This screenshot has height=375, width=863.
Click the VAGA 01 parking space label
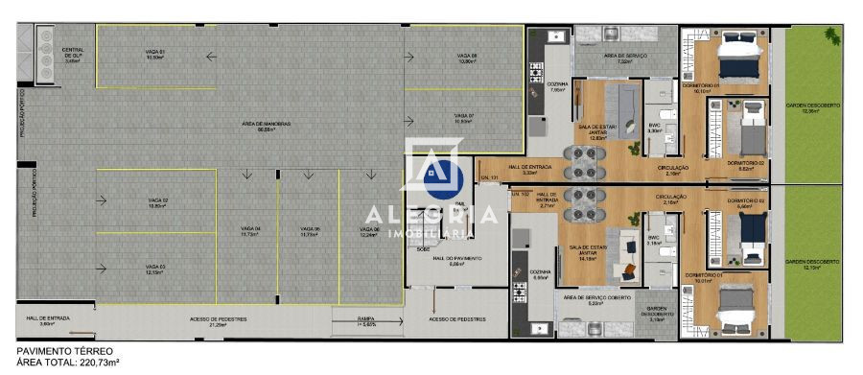155,54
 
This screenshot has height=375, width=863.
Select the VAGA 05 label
309,230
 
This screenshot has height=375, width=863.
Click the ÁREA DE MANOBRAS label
260,127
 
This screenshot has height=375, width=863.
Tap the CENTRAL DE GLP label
73,54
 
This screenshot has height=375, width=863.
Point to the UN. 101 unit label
490,178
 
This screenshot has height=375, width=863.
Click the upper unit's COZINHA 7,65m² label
558,86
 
